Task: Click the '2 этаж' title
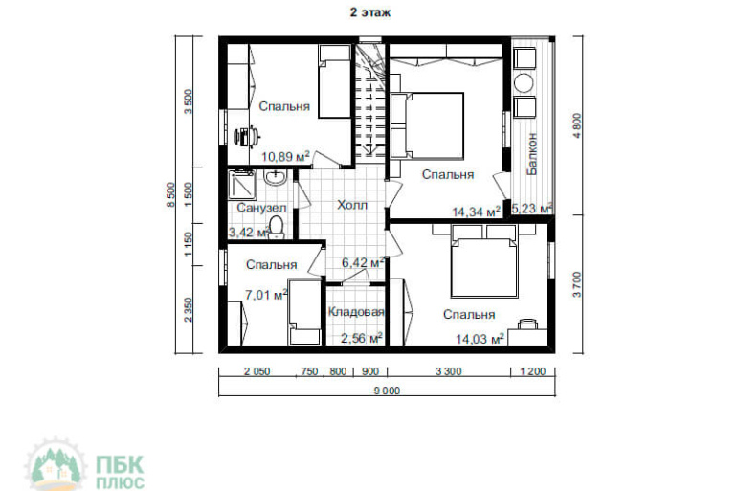click(x=369, y=12)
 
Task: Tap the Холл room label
click(x=352, y=205)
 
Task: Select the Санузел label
click(x=261, y=208)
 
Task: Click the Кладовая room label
click(x=356, y=312)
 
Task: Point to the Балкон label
click(x=532, y=154)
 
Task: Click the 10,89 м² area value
click(x=285, y=156)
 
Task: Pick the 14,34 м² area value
click(x=476, y=212)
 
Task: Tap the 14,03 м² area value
click(x=480, y=338)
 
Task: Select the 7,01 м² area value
click(x=266, y=295)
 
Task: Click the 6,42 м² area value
click(x=364, y=262)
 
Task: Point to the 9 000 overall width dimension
click(x=388, y=391)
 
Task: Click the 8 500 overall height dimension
click(x=171, y=194)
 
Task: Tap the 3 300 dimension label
click(x=448, y=371)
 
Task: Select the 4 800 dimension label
click(x=578, y=125)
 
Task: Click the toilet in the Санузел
click(x=277, y=227)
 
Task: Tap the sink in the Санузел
click(x=274, y=177)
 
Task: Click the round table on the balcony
click(x=524, y=83)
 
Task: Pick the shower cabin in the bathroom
click(x=241, y=185)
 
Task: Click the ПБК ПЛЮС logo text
click(x=120, y=472)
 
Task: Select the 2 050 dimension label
click(x=257, y=371)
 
